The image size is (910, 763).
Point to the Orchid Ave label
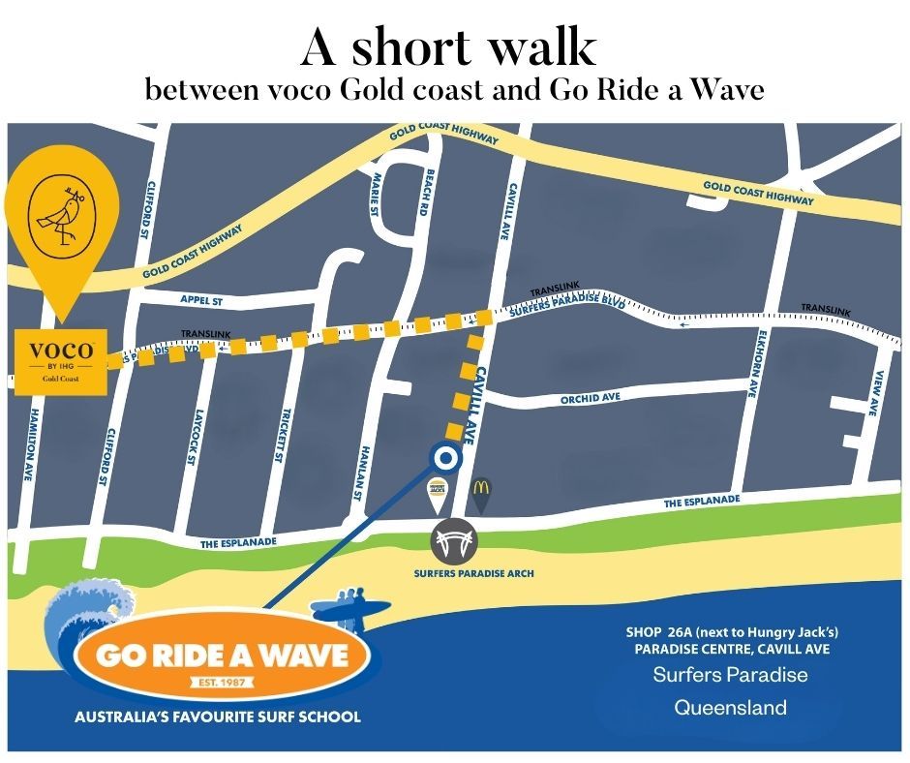tap(590, 399)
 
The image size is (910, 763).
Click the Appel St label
tap(201, 301)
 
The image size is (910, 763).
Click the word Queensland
tap(730, 707)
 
